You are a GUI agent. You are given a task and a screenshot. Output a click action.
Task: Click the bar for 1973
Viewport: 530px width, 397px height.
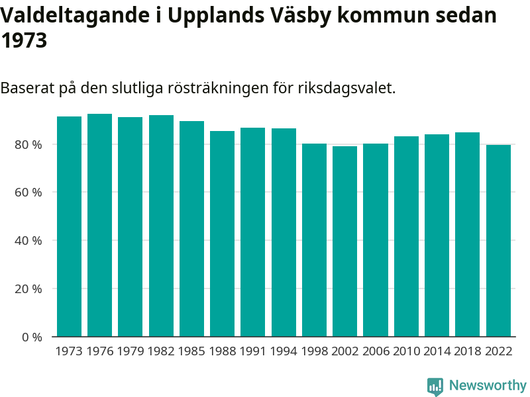[69, 226]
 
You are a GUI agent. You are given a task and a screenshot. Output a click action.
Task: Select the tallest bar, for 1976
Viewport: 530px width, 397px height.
[99, 225]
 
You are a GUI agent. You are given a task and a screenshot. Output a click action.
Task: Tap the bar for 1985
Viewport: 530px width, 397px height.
[191, 229]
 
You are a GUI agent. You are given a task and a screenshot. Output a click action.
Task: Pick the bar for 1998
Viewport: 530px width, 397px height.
[314, 240]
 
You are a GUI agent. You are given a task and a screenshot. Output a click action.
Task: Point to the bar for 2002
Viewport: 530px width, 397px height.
[344, 242]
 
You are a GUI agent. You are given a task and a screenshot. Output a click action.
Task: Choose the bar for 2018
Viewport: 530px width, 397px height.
[467, 234]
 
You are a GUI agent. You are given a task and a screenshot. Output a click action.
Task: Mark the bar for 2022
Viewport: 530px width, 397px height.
[498, 241]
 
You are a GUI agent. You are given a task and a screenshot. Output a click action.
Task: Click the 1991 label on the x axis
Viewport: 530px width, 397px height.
[253, 351]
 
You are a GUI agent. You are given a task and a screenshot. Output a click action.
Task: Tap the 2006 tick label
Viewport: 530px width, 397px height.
[376, 351]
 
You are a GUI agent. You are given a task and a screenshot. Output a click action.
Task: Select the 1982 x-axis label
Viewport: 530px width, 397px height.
[161, 351]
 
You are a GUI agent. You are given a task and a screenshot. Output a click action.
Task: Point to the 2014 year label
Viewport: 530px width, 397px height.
[437, 351]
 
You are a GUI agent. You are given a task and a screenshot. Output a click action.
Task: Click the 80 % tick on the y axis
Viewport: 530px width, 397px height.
[28, 144]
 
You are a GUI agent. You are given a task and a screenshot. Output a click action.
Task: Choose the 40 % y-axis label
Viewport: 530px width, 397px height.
[28, 241]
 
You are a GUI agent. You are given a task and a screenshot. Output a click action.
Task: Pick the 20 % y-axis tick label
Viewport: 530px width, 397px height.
[28, 289]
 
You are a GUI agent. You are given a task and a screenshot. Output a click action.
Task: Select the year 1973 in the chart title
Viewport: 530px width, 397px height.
[24, 41]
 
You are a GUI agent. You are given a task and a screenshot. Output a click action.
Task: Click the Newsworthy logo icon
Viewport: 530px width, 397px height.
[435, 386]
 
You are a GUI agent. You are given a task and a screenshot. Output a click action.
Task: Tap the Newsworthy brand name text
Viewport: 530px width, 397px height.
[488, 385]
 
